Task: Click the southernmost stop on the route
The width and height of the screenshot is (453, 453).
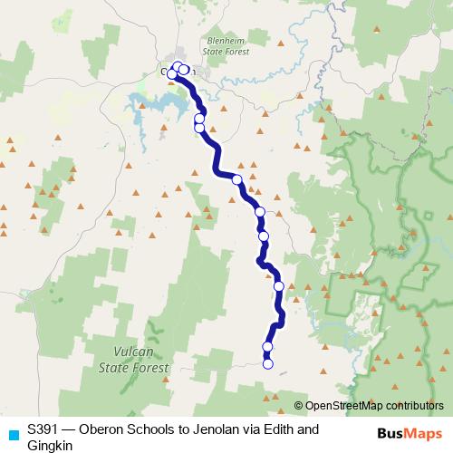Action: pyautogui.click(x=267, y=364)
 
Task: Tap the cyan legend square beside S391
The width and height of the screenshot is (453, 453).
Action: pyautogui.click(x=13, y=433)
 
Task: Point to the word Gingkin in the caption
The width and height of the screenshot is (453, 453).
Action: pyautogui.click(x=51, y=446)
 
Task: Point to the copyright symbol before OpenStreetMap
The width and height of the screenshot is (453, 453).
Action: pyautogui.click(x=299, y=405)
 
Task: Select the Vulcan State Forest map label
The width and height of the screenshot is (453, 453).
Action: pyautogui.click(x=135, y=358)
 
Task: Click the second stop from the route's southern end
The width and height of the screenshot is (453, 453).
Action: pyautogui.click(x=267, y=347)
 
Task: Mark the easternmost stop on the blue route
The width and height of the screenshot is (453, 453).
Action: pyautogui.click(x=279, y=286)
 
